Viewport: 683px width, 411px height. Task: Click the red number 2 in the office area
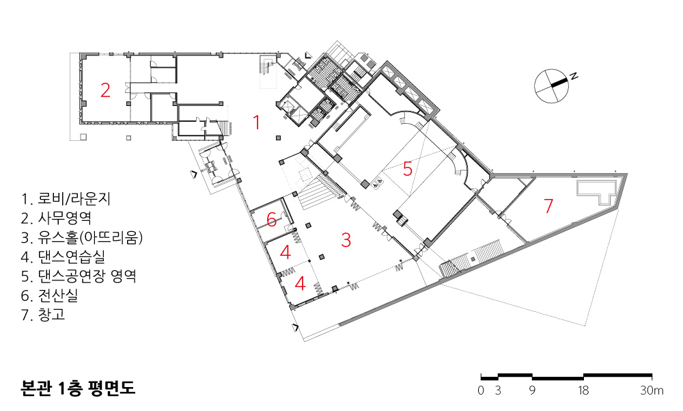pyautogui.click(x=105, y=90)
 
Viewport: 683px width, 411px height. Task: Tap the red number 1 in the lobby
pyautogui.click(x=257, y=122)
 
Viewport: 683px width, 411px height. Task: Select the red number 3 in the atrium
pyautogui.click(x=346, y=240)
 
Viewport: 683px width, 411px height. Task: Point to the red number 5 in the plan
pyautogui.click(x=407, y=168)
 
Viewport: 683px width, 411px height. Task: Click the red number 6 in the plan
pyautogui.click(x=271, y=220)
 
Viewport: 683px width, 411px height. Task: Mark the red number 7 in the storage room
pyautogui.click(x=548, y=205)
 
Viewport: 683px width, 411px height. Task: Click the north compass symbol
pyautogui.click(x=551, y=85)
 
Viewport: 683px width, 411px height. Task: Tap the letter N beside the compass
pyautogui.click(x=574, y=76)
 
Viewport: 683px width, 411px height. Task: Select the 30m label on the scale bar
pyautogui.click(x=652, y=390)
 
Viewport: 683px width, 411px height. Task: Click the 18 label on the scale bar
pyautogui.click(x=583, y=390)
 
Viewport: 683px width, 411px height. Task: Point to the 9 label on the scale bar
pyautogui.click(x=532, y=390)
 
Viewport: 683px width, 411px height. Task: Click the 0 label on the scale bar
pyautogui.click(x=481, y=390)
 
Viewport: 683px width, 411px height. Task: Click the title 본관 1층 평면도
pyautogui.click(x=78, y=388)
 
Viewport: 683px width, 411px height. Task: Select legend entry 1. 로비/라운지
pyautogui.click(x=66, y=199)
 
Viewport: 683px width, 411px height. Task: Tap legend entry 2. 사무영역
pyautogui.click(x=56, y=218)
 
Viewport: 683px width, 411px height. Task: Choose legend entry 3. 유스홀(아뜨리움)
pyautogui.click(x=82, y=238)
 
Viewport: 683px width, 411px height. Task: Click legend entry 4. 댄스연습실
pyautogui.click(x=63, y=257)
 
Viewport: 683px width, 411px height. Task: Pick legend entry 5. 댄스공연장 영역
pyautogui.click(x=79, y=276)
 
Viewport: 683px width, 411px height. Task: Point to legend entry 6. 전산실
pyautogui.click(x=49, y=296)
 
